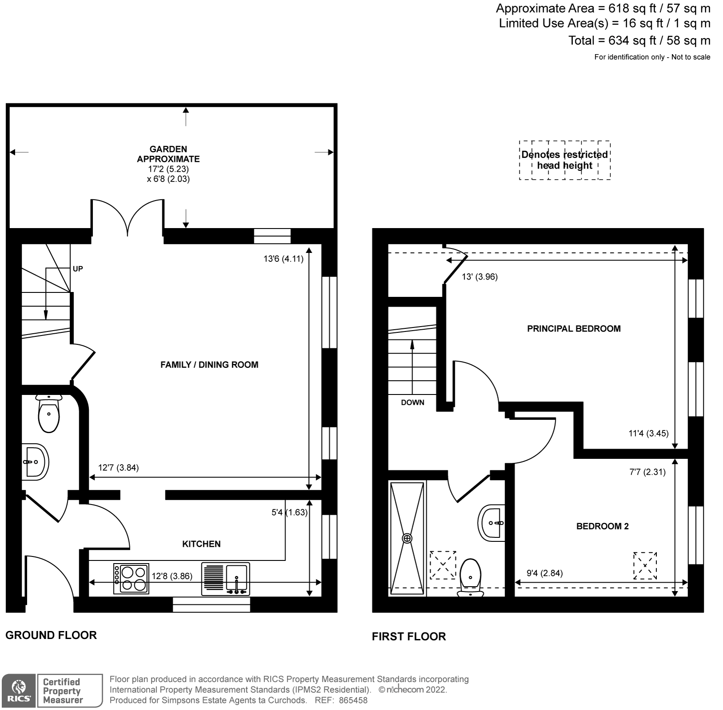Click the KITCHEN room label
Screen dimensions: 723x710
tap(201, 544)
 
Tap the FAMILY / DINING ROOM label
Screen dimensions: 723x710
tap(209, 365)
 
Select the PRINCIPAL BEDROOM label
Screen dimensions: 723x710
tap(574, 329)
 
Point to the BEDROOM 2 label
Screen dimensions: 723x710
tap(602, 526)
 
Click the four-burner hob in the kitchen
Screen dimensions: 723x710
tap(131, 579)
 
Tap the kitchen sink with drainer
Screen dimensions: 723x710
tap(226, 579)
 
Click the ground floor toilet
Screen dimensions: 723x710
tap(48, 413)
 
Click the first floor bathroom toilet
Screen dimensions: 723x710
tap(471, 578)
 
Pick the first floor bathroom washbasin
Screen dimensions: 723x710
tap(492, 523)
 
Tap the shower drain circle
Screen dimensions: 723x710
tap(407, 539)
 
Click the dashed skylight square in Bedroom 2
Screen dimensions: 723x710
tap(645, 565)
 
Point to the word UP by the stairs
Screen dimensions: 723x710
tap(78, 269)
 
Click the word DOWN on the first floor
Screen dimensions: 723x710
tap(413, 402)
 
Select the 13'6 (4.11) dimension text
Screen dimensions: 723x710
tap(283, 259)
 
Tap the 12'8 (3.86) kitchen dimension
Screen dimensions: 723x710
tap(172, 576)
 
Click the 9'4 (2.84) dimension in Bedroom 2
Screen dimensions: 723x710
tap(544, 573)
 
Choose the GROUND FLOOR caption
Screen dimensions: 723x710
tap(51, 635)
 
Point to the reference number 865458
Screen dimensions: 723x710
tap(353, 701)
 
